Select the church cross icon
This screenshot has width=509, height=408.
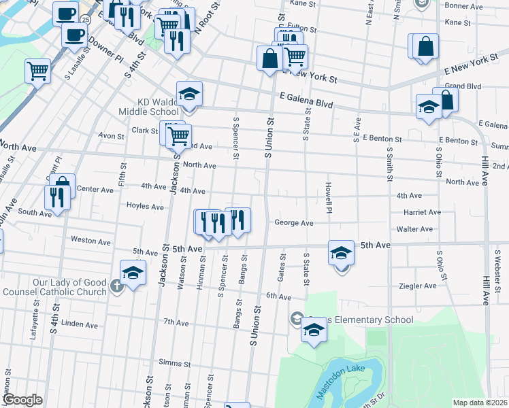click(117, 286)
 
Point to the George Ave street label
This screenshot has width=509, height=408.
click(293, 223)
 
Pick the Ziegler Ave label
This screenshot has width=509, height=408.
click(418, 286)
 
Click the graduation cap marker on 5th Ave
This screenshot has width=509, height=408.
click(341, 253)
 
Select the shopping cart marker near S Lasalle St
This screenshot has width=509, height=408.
click(38, 70)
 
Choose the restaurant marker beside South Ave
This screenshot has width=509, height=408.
click(56, 197)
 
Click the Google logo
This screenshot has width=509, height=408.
click(22, 400)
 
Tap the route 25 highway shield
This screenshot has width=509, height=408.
click(82, 18)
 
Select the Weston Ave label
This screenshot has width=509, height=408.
click(91, 241)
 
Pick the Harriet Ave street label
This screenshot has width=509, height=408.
click(422, 212)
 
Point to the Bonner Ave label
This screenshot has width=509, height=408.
click(463, 5)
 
